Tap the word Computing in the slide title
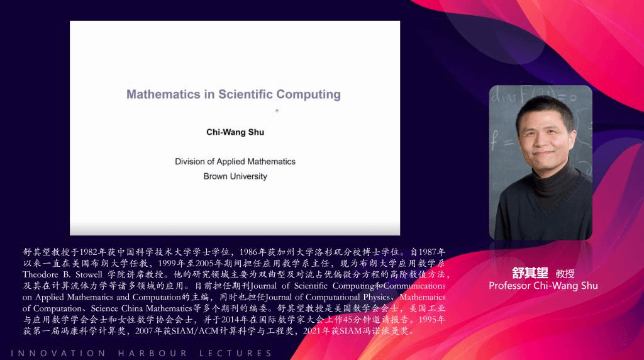(x=308, y=95)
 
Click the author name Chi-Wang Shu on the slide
(x=235, y=132)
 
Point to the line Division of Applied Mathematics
(x=235, y=162)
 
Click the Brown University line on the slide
(x=235, y=176)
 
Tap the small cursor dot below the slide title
(x=277, y=111)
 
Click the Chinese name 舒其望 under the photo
(x=530, y=273)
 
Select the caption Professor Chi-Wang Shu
(x=543, y=286)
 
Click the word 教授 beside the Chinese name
(x=565, y=274)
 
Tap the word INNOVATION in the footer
(x=58, y=353)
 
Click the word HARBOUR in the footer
(x=152, y=353)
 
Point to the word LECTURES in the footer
(x=235, y=353)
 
